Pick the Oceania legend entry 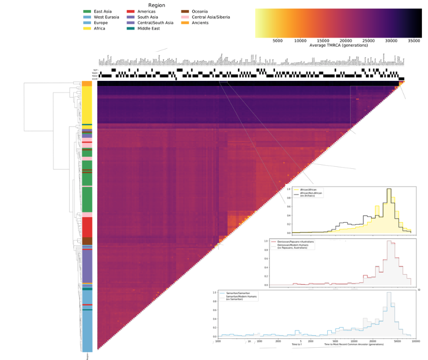click(x=201, y=11)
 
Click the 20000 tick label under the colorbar click(x=346, y=41)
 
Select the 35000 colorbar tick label click(x=414, y=41)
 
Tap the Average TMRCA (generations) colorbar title click(x=339, y=46)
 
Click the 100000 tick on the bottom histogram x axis click(x=415, y=341)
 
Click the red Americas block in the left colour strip click(x=87, y=227)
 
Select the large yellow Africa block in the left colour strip click(x=87, y=104)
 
